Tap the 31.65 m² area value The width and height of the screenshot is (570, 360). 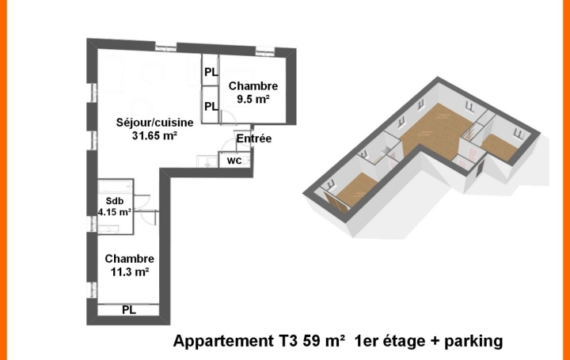tap(154, 135)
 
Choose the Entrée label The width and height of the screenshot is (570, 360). tap(254, 138)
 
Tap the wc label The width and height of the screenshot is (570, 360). tap(234, 160)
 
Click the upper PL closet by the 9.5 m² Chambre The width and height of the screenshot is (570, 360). tap(211, 73)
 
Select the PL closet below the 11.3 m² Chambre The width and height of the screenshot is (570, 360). tap(128, 310)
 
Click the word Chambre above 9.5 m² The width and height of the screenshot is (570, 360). tap(253, 86)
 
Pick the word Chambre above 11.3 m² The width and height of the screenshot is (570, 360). tap(129, 259)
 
